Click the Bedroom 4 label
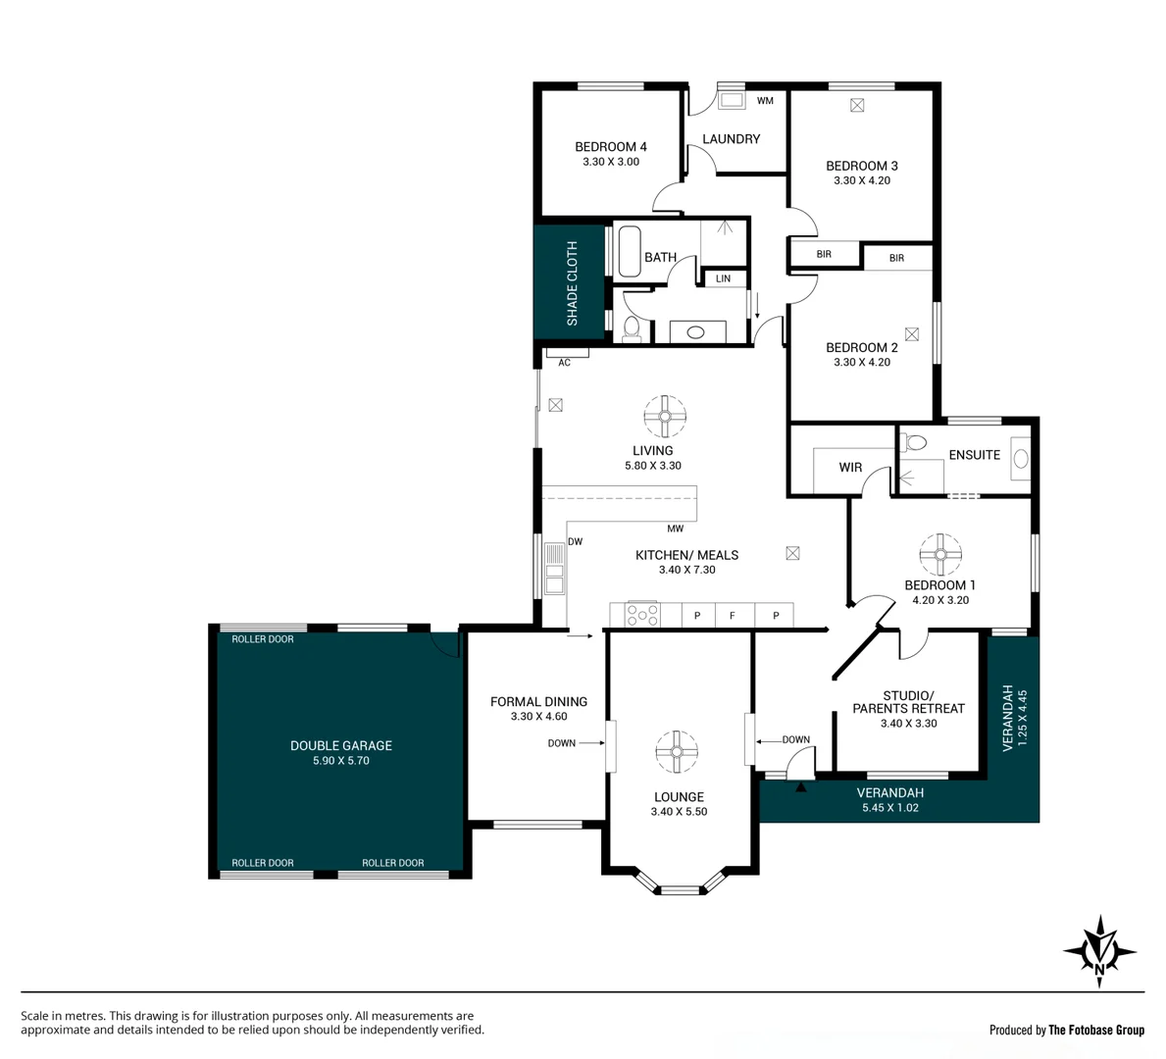[610, 147]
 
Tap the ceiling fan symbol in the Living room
[664, 416]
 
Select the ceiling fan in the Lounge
[677, 752]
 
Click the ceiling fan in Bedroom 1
[940, 555]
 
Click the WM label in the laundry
[765, 101]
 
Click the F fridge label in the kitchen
[732, 616]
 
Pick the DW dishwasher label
[575, 541]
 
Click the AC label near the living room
[564, 363]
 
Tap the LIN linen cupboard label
[723, 279]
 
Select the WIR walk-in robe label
[850, 468]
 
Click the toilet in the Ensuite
[915, 444]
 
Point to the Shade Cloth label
[572, 283]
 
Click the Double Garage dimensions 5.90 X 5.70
[340, 760]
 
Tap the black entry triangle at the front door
[802, 785]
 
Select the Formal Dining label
[538, 701]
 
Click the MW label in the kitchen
[676, 529]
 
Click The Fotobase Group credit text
[1095, 1030]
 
